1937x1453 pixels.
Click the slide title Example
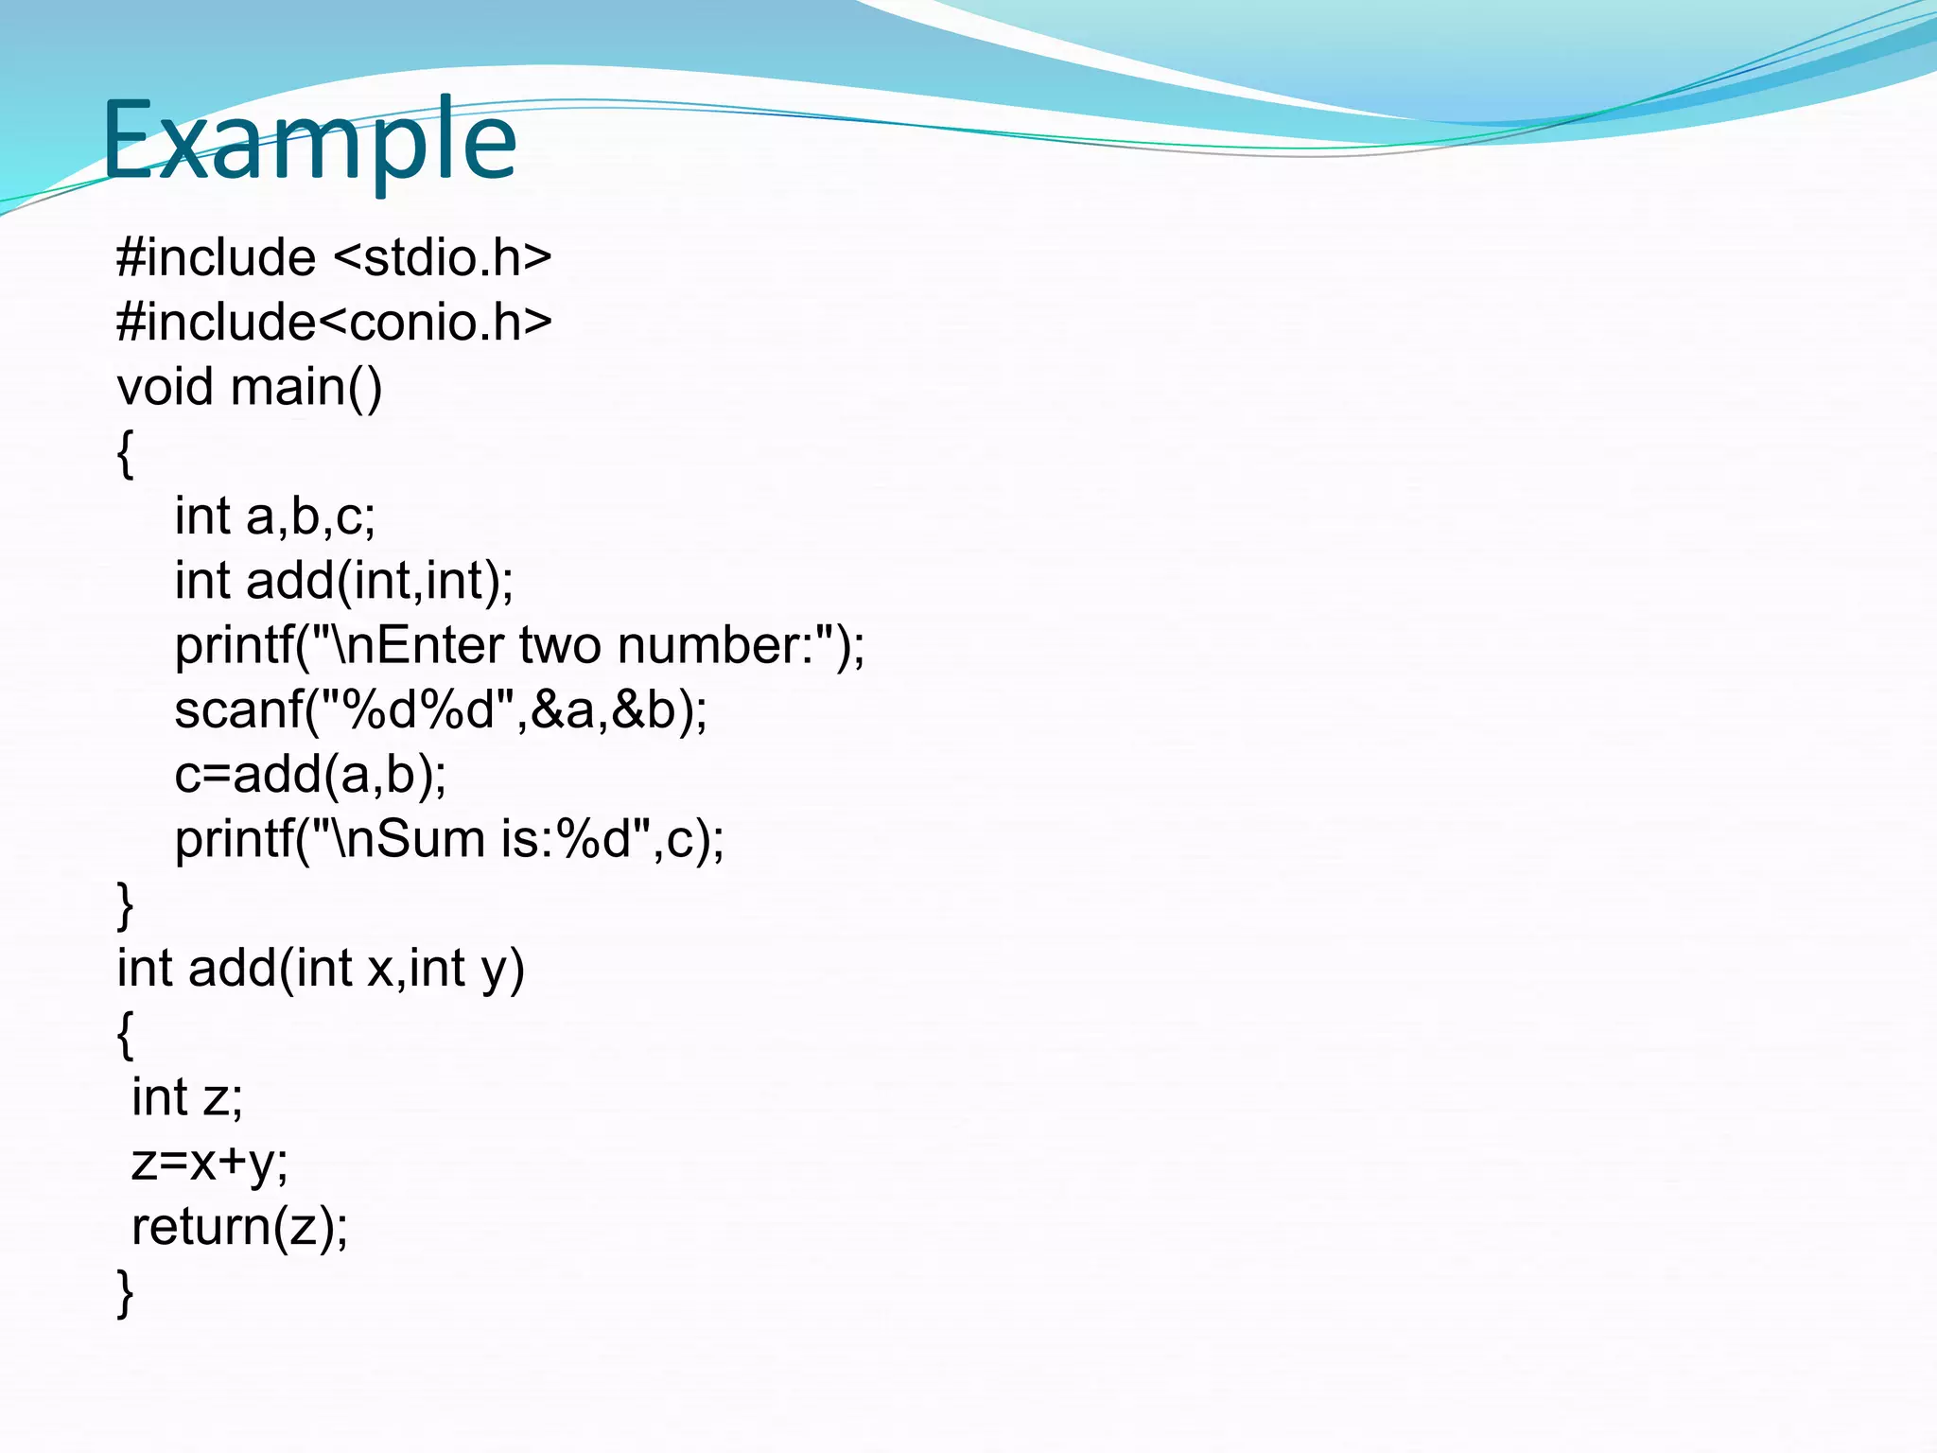coord(308,142)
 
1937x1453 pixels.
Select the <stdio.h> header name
coord(443,258)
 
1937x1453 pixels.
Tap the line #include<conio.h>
coord(334,323)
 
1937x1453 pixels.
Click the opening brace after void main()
coord(125,454)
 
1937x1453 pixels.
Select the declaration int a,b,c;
coord(274,517)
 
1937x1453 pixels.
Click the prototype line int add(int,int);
coord(343,581)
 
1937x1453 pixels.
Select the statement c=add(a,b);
coord(310,775)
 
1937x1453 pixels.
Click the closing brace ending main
coord(125,905)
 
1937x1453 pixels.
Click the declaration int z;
coord(187,1098)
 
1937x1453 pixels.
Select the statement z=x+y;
coord(209,1163)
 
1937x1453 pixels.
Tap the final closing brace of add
coord(125,1292)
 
